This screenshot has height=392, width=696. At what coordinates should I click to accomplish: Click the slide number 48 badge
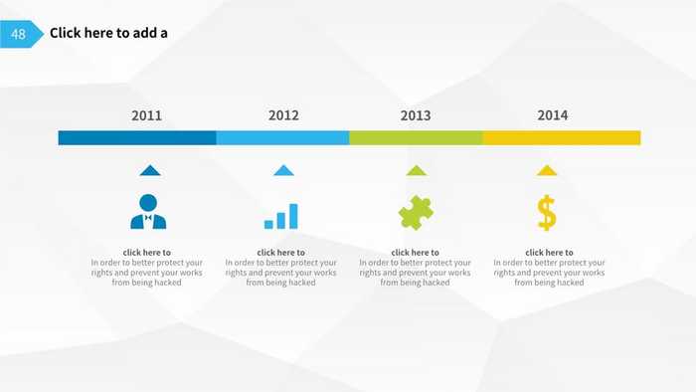tap(19, 34)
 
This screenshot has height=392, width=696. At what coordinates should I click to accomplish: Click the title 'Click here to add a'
tap(108, 33)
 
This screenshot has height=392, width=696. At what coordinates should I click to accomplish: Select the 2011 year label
tap(146, 115)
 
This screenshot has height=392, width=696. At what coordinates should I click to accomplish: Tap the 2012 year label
tap(283, 115)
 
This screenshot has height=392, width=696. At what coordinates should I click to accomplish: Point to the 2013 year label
tap(416, 115)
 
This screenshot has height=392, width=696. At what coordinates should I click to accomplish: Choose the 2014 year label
tap(553, 115)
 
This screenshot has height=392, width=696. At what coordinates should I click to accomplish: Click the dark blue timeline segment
tap(137, 137)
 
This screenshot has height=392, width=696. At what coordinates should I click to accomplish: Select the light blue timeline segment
tap(282, 137)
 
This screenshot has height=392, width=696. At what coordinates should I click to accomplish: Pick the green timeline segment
tap(416, 137)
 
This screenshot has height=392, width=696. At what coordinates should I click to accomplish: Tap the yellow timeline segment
tap(562, 137)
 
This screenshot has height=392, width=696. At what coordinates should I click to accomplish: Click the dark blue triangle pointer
tap(149, 170)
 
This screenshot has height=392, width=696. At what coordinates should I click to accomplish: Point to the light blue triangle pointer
tap(283, 170)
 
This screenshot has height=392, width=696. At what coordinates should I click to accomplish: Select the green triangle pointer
tap(417, 170)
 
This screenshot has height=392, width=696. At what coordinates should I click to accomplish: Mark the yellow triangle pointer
tap(547, 170)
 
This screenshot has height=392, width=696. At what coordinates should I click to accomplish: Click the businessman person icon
tap(148, 211)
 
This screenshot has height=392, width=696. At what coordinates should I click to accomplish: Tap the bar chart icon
tap(281, 216)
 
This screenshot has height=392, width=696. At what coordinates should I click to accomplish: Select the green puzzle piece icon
tap(416, 212)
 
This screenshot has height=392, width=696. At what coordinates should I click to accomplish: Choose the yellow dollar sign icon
tap(547, 212)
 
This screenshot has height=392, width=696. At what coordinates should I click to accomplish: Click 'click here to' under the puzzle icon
tap(415, 253)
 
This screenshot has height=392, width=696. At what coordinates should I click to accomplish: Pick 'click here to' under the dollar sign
tap(549, 253)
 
